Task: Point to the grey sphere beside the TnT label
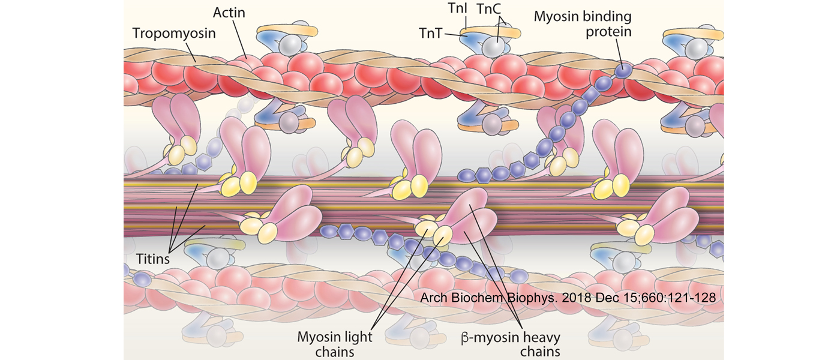click(495, 46)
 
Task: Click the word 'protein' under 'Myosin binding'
click(609, 31)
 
